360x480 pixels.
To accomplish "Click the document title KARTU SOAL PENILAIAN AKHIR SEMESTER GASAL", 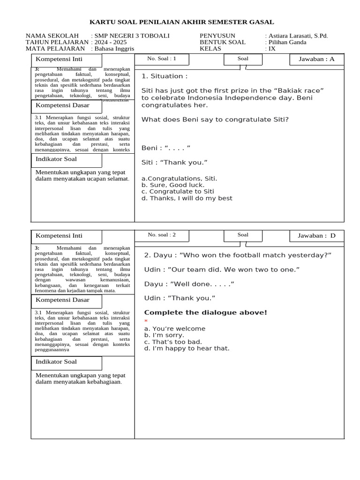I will (182, 22).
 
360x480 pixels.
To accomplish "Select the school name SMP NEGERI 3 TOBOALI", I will (132, 36).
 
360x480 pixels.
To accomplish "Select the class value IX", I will (272, 49).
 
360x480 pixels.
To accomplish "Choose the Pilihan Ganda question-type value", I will (287, 42).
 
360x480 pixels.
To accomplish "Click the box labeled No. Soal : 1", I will (162, 59).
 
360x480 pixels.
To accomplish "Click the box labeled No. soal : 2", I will (162, 235).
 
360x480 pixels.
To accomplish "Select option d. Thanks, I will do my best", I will (187, 198).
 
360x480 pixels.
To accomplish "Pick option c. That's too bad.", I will (173, 342).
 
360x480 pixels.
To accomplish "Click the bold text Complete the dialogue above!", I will (205, 313).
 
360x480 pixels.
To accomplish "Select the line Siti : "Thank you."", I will (174, 163).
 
